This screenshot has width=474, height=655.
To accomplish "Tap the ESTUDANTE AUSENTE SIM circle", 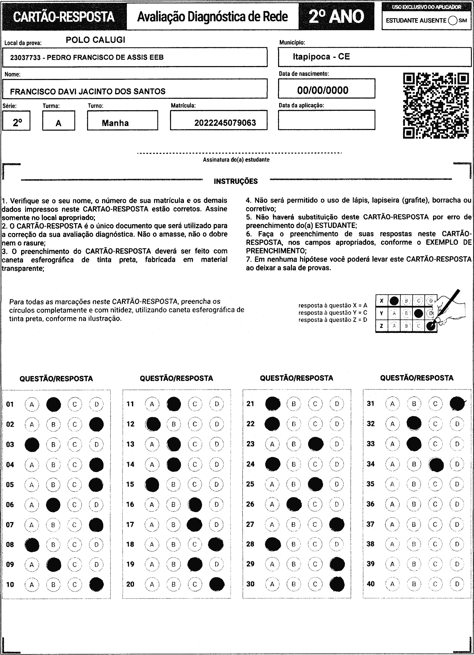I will click(453, 20).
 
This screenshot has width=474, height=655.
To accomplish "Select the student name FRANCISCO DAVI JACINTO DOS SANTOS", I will click(88, 92).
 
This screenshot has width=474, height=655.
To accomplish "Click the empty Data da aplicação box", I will click(326, 120).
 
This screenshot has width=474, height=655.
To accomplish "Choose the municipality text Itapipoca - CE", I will click(321, 57).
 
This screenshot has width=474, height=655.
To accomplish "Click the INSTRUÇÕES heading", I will click(236, 181).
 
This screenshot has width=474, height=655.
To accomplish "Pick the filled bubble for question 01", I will click(53, 404).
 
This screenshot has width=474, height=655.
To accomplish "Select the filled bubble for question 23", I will click(315, 444).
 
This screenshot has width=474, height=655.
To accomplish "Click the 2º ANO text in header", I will click(337, 16).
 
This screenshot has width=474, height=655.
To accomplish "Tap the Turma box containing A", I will click(59, 121).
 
